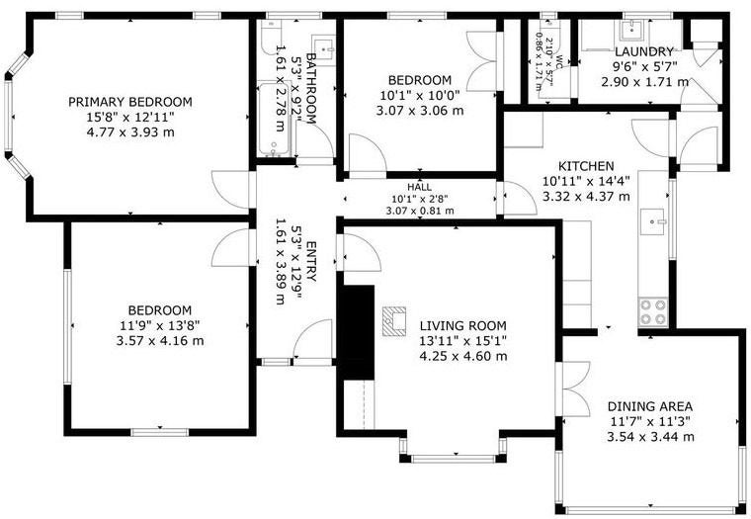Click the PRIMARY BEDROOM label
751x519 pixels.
pyautogui.click(x=129, y=102)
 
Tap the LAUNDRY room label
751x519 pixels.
pyautogui.click(x=644, y=52)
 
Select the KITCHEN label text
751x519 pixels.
pyautogui.click(x=586, y=166)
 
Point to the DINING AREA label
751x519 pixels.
pyautogui.click(x=649, y=406)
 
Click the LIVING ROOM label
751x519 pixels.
pyautogui.click(x=462, y=325)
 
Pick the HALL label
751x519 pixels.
pyautogui.click(x=419, y=187)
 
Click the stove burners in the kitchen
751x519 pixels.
pyautogui.click(x=652, y=312)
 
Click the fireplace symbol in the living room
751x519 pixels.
pyautogui.click(x=395, y=320)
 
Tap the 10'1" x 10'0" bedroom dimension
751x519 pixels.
pyautogui.click(x=420, y=96)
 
